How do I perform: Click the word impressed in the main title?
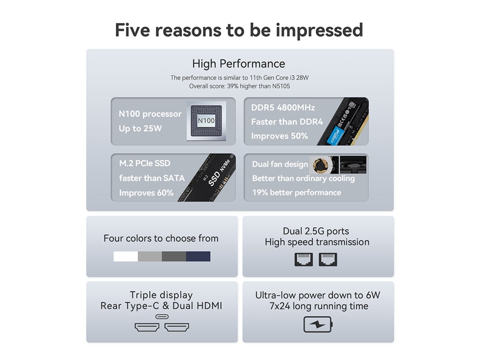click(319, 31)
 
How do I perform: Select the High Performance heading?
click(238, 64)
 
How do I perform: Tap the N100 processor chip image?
click(206, 121)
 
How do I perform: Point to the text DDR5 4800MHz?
click(283, 107)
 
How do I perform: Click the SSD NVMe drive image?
click(208, 178)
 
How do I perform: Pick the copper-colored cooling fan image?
click(320, 165)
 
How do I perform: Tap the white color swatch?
click(125, 256)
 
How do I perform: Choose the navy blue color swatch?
click(198, 256)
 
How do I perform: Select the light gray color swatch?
click(150, 256)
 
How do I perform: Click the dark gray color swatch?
click(174, 256)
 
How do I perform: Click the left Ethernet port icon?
click(304, 259)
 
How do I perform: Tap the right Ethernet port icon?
click(328, 259)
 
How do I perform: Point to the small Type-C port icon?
click(162, 317)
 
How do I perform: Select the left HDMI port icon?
click(147, 327)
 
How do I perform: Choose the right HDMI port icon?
click(177, 327)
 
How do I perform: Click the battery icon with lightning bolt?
click(318, 325)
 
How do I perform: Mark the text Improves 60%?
click(147, 193)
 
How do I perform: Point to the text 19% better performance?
click(297, 192)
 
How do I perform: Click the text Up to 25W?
click(140, 128)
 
